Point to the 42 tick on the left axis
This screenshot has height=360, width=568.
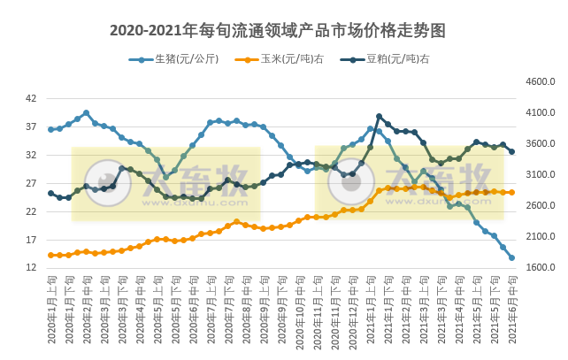pos(31,98)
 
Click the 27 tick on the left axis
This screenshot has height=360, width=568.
pos(31,183)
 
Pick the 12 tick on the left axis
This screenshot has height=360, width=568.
pos(31,268)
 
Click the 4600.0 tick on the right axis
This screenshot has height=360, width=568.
pos(540,81)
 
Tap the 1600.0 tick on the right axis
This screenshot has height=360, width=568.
pos(540,268)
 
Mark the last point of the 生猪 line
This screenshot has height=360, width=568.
pos(512,258)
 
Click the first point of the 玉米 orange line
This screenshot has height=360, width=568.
pos(50,255)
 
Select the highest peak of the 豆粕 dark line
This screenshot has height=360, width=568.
pos(379,116)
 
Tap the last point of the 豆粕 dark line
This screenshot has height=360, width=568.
pos(512,151)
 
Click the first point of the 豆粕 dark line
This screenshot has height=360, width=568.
pos(50,193)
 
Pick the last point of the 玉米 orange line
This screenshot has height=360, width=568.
pos(512,192)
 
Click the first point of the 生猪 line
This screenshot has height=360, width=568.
pos(50,129)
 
